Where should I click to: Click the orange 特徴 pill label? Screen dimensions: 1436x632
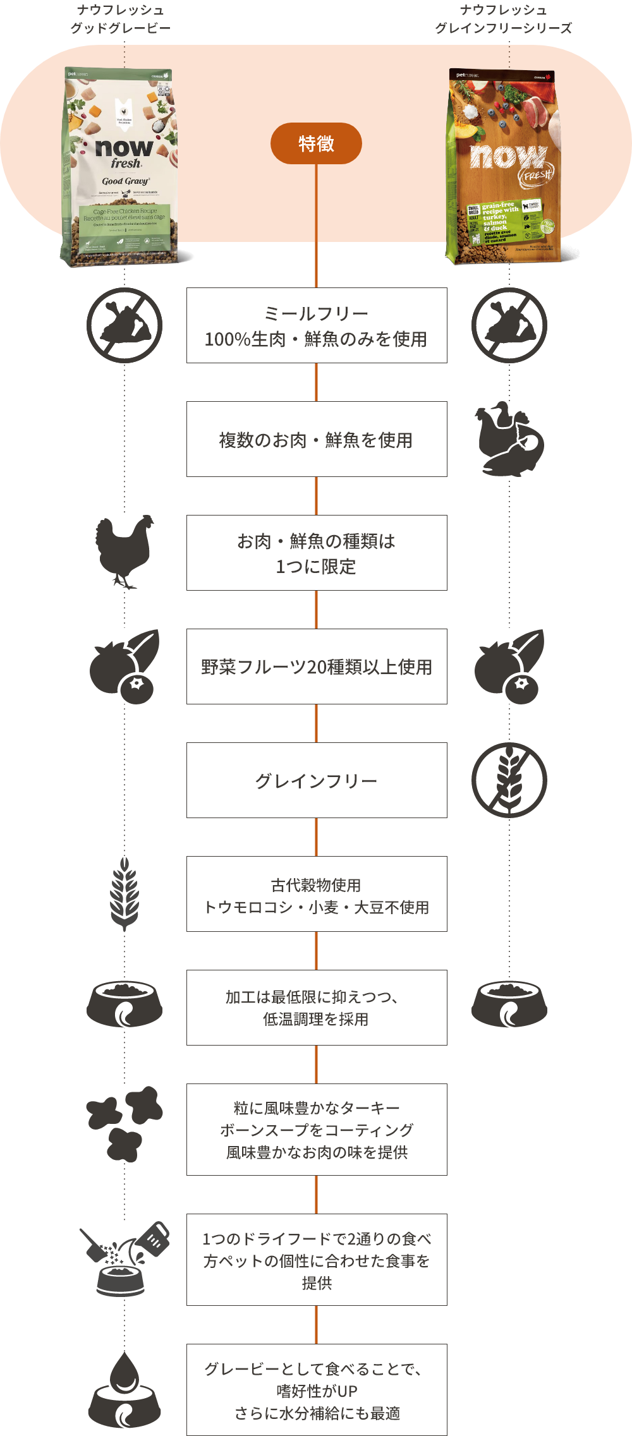[316, 143]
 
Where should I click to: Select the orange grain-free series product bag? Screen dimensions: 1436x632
[503, 167]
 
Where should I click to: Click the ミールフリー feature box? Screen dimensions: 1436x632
[316, 325]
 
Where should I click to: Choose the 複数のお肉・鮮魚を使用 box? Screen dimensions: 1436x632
[316, 439]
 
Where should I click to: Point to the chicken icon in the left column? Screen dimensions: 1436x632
[125, 552]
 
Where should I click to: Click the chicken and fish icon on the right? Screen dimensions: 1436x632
[509, 440]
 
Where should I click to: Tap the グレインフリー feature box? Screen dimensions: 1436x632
[316, 780]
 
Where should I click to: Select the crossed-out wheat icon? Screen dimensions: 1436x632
[509, 780]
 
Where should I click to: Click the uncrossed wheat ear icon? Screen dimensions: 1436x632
[125, 893]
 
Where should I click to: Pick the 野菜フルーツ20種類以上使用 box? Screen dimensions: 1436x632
[316, 667]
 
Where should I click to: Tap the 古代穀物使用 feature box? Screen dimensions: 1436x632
[316, 894]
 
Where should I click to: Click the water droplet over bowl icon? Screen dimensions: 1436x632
[125, 1389]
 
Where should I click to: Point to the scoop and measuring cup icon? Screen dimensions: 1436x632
[125, 1258]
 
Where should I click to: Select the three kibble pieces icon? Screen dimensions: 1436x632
[125, 1124]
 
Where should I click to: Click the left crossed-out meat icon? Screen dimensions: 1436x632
[125, 325]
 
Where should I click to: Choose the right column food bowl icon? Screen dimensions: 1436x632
[509, 1003]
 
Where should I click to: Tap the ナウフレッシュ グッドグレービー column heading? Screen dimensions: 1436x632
[120, 19]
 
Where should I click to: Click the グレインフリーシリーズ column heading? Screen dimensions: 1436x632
[503, 19]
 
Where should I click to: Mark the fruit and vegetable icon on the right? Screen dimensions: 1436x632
[509, 666]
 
